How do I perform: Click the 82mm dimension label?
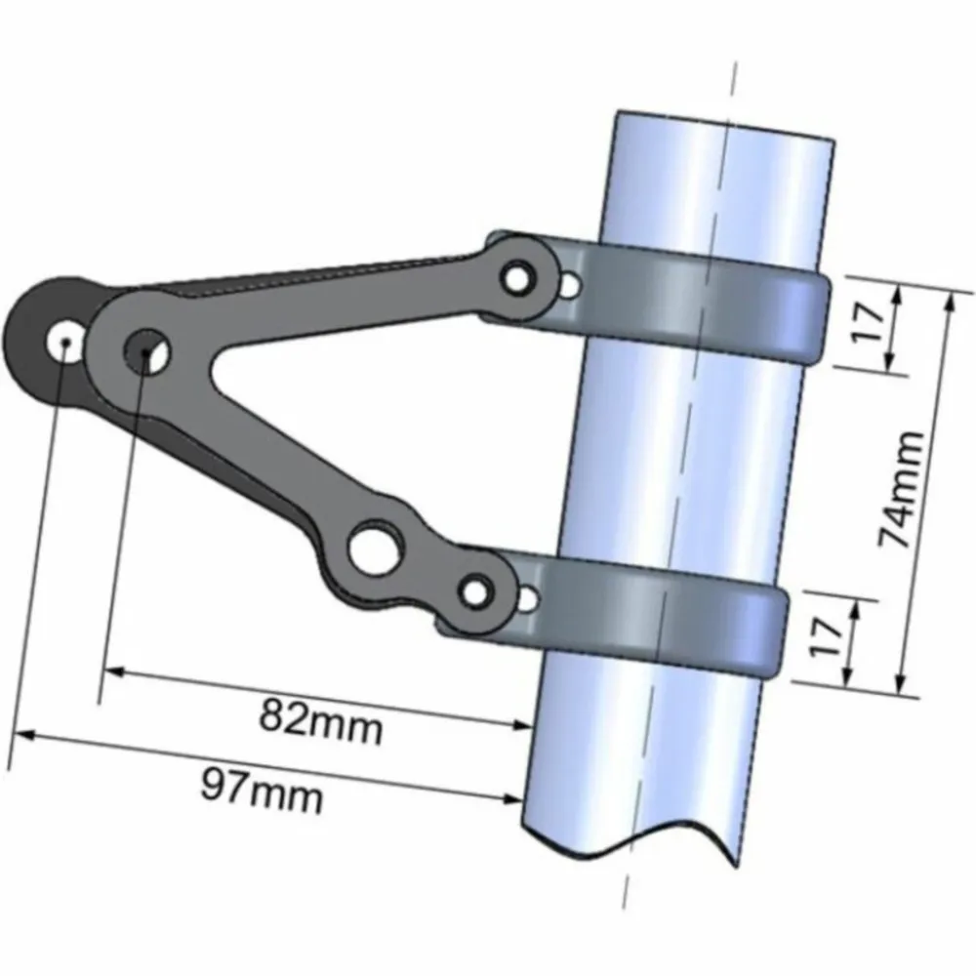pyautogui.click(x=320, y=722)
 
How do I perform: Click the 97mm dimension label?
pyautogui.click(x=262, y=791)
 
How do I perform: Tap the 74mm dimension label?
pyautogui.click(x=901, y=490)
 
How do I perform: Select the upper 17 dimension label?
pyautogui.click(x=870, y=321)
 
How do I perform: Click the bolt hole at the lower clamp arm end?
pyautogui.click(x=476, y=591)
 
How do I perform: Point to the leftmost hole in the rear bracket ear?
pyautogui.click(x=64, y=341)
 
